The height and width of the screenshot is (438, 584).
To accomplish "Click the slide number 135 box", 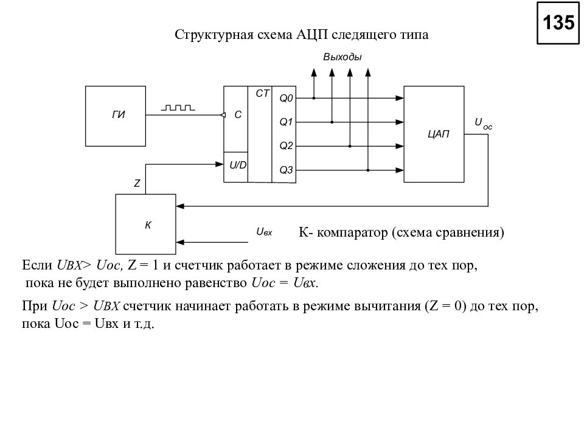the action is click(x=558, y=23).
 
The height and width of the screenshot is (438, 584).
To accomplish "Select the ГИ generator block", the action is click(x=116, y=116).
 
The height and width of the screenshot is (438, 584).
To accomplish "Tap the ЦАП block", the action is click(x=434, y=134).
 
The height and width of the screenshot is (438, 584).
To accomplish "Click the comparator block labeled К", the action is click(x=145, y=224).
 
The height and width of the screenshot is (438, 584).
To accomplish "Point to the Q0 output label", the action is click(x=286, y=99).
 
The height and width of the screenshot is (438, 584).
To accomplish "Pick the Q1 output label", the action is click(x=286, y=122).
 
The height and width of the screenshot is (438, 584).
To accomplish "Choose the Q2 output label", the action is click(x=286, y=146).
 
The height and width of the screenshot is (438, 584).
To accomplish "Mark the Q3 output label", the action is click(x=286, y=170).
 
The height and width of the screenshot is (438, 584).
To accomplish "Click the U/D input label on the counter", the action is click(x=238, y=165).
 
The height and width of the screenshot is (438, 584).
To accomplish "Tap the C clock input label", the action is click(x=238, y=115).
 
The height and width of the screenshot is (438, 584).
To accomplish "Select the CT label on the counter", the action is click(x=262, y=94).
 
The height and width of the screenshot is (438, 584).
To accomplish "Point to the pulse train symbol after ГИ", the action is click(x=178, y=108).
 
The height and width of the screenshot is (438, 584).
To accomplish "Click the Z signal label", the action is click(x=137, y=183).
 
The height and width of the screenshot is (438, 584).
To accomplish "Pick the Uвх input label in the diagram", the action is click(x=264, y=232).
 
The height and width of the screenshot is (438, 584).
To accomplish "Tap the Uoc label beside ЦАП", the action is click(x=483, y=123).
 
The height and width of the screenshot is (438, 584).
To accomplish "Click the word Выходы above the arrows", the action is click(x=342, y=57).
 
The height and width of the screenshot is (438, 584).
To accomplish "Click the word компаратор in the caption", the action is click(x=352, y=232).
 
